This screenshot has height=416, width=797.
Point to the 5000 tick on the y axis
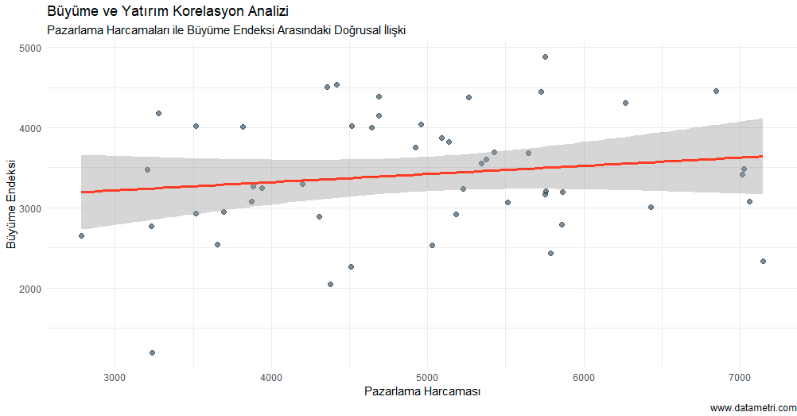coord(31,48)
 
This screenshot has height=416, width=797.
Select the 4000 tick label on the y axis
coord(31,128)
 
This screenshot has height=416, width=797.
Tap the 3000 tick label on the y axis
coord(31,208)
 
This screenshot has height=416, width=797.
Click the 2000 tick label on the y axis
coord(31,289)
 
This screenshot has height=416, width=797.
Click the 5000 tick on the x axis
coord(428,375)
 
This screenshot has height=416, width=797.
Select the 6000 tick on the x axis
coord(584,375)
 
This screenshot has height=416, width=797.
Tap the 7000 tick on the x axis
coord(741,375)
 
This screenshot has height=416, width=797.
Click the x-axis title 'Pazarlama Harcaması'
coord(422,391)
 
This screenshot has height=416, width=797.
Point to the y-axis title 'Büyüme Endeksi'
coord(11,204)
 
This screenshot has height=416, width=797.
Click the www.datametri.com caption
coord(752,408)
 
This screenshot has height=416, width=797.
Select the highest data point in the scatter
coord(545,56)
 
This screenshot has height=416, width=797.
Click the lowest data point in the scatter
coord(152,352)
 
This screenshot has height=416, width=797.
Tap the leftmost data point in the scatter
coord(81,235)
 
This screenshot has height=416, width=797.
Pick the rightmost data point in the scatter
coord(763,261)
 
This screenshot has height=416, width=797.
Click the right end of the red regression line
coord(763,156)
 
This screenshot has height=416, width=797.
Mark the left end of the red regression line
coord(81,192)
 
